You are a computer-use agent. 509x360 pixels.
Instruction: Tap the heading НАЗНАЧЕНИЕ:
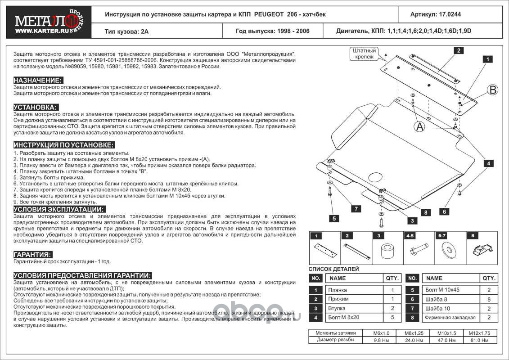point(38,80)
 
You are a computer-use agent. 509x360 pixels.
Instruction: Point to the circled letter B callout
point(493,90)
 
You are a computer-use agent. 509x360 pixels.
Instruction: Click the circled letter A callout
point(419,127)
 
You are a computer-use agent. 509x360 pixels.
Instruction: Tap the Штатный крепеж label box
point(364,54)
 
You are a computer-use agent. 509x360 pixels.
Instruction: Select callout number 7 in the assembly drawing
point(356,208)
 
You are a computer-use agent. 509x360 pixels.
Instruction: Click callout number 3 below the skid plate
point(411,220)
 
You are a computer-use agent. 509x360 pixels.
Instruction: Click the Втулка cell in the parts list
point(338,308)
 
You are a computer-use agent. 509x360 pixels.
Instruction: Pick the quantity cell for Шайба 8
point(488,299)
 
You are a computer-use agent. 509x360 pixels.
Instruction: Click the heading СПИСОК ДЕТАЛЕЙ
point(333,269)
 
